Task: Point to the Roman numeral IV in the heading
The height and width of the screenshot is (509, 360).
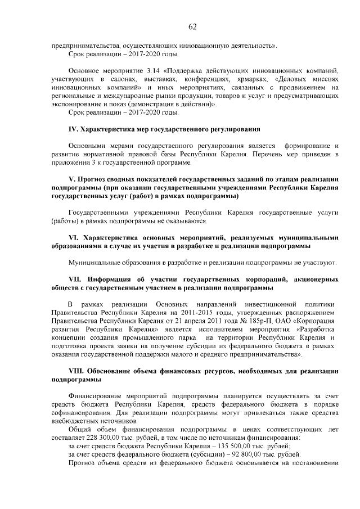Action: click(73, 129)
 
